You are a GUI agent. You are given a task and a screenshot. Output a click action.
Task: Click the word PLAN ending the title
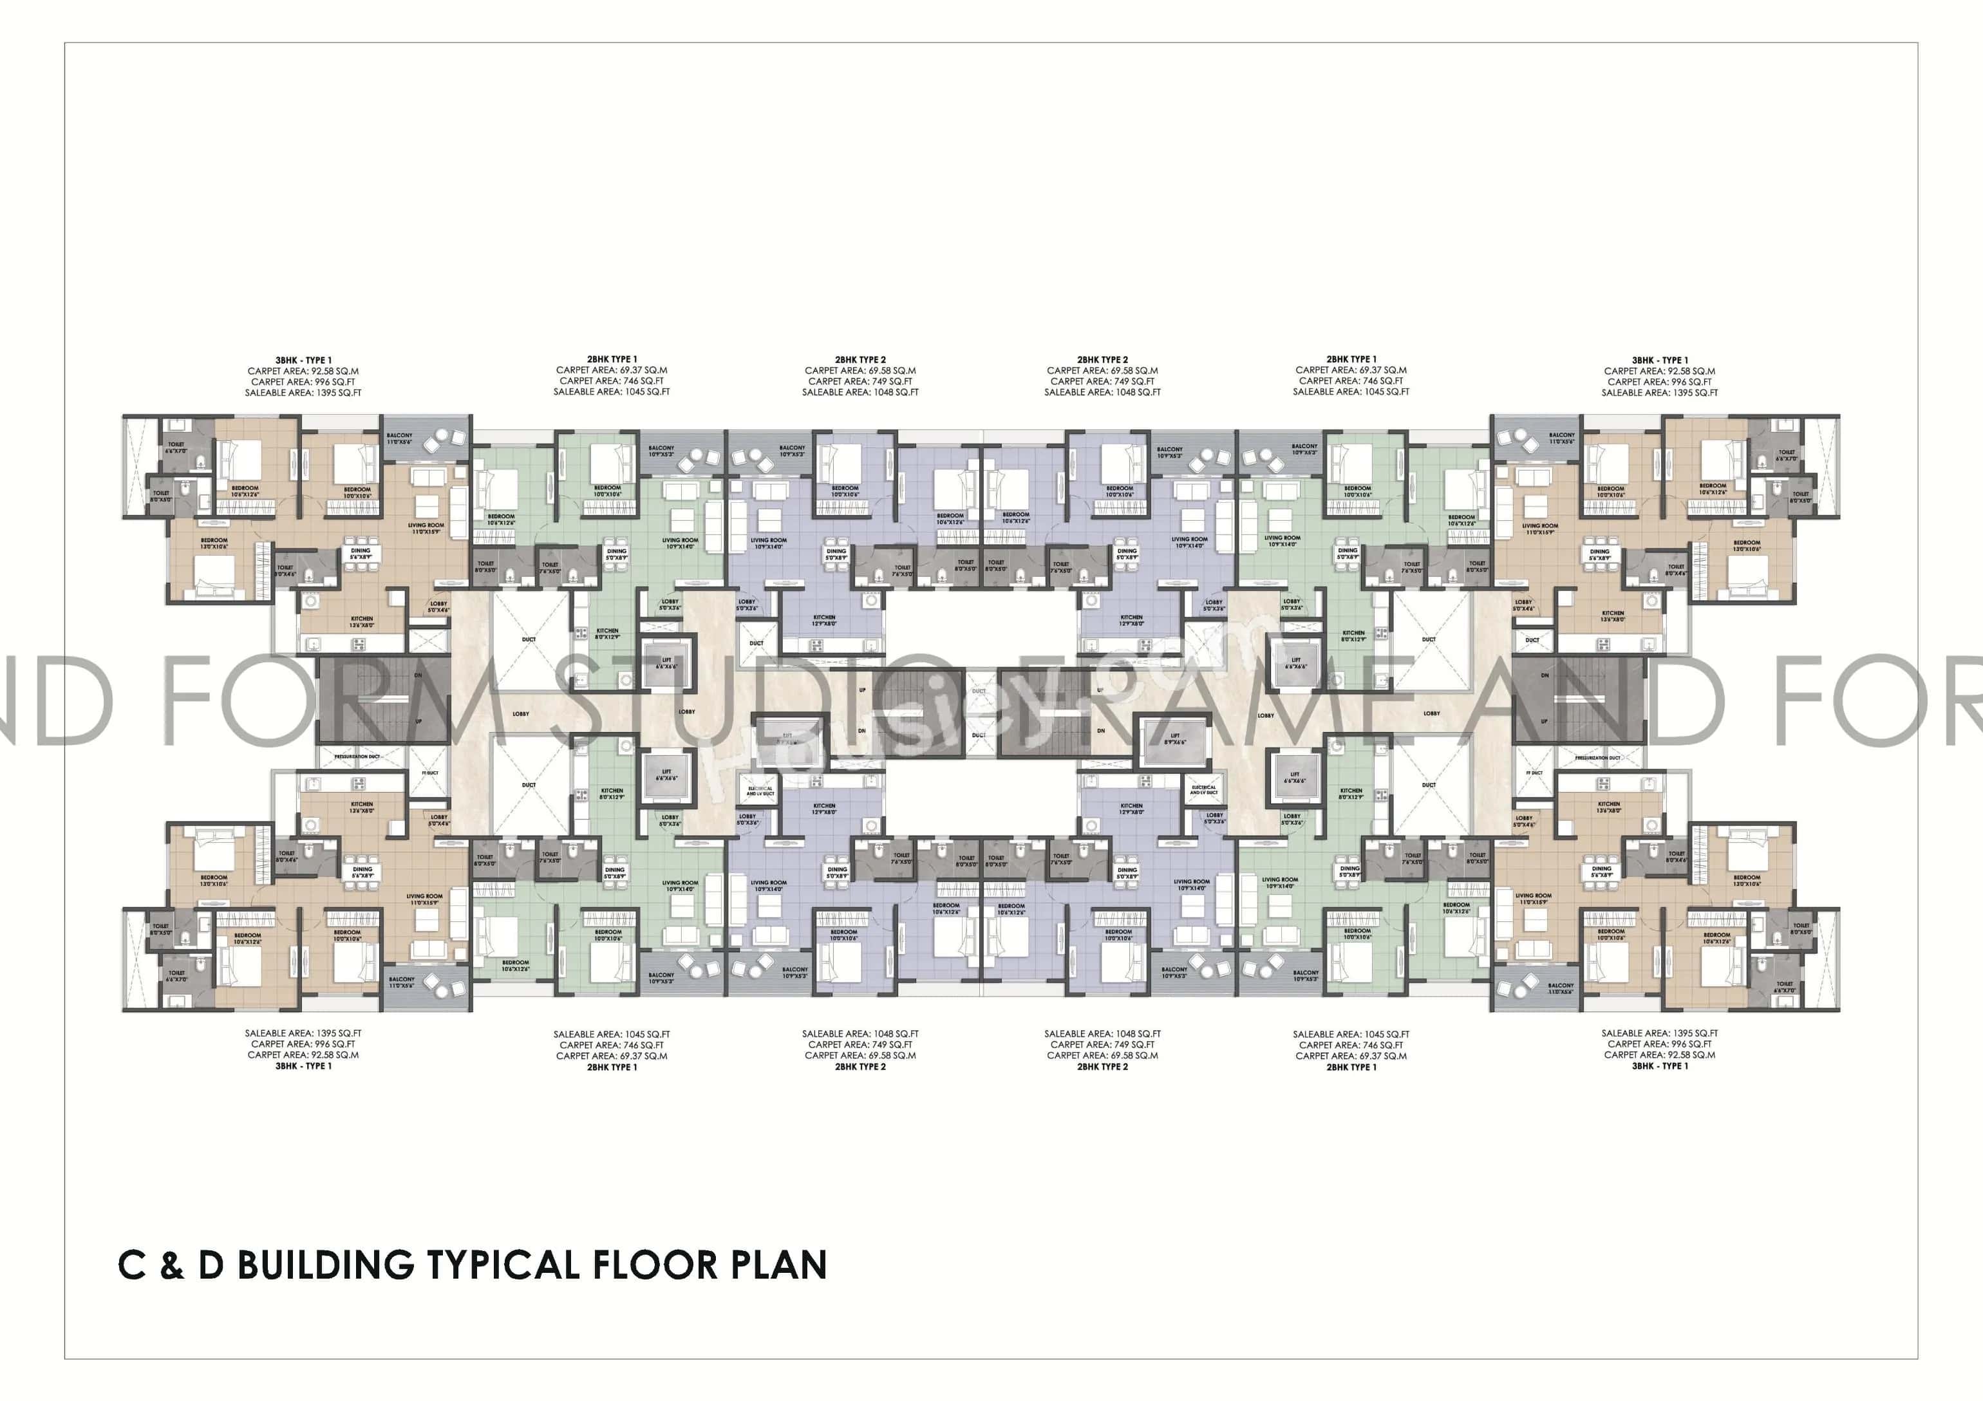pyautogui.click(x=779, y=1265)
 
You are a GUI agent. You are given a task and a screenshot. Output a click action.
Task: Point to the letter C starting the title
pyautogui.click(x=131, y=1265)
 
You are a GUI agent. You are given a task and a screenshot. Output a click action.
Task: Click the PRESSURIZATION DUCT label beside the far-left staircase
pyautogui.click(x=357, y=757)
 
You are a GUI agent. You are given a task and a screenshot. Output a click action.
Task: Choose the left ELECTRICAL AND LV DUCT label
pyautogui.click(x=760, y=791)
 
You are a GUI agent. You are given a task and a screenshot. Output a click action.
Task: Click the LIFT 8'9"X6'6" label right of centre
pyautogui.click(x=1174, y=738)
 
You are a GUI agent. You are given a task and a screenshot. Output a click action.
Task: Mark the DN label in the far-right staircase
pyautogui.click(x=1545, y=675)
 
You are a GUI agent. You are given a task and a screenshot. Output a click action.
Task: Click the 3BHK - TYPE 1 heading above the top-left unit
pyautogui.click(x=303, y=360)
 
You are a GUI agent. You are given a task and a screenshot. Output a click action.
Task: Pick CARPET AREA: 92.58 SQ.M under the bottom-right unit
pyautogui.click(x=1659, y=1055)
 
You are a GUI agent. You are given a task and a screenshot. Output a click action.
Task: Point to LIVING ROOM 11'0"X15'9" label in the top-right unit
pyautogui.click(x=1539, y=529)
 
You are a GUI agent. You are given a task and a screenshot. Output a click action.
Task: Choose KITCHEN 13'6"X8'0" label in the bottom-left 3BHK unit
pyautogui.click(x=361, y=807)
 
